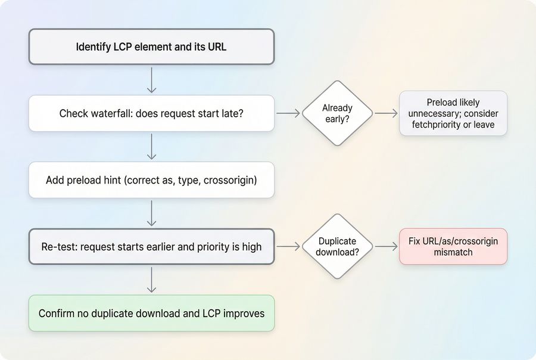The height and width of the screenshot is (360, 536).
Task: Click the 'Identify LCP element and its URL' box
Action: [x=151, y=46]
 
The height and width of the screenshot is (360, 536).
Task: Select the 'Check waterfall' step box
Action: [x=151, y=113]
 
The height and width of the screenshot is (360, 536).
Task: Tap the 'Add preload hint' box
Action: [x=151, y=179]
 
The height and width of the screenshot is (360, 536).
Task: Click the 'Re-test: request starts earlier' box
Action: [x=151, y=246]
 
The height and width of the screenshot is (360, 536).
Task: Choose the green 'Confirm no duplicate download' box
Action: [x=151, y=313]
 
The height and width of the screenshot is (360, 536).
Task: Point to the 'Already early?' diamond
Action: [x=337, y=113]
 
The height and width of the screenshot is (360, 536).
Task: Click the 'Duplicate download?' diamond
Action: [x=337, y=246]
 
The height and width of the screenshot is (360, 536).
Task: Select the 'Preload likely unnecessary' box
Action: [x=453, y=113]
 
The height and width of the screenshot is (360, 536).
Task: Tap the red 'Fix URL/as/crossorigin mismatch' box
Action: [x=453, y=246]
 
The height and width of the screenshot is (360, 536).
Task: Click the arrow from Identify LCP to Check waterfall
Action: [x=151, y=80]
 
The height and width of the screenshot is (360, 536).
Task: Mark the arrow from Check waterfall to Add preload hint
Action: [x=151, y=147]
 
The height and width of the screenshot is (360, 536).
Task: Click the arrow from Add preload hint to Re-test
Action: [x=151, y=213]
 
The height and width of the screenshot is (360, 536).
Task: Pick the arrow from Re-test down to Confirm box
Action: [x=151, y=280]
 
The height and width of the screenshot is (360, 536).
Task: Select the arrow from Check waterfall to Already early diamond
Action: [x=288, y=113]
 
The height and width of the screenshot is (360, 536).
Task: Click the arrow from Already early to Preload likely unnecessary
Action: [x=386, y=113]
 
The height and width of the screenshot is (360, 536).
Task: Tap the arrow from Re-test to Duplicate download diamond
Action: [x=288, y=246]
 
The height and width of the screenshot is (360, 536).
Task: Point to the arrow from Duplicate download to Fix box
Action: [x=386, y=246]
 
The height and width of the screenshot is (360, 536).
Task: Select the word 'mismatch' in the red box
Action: [x=453, y=252]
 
